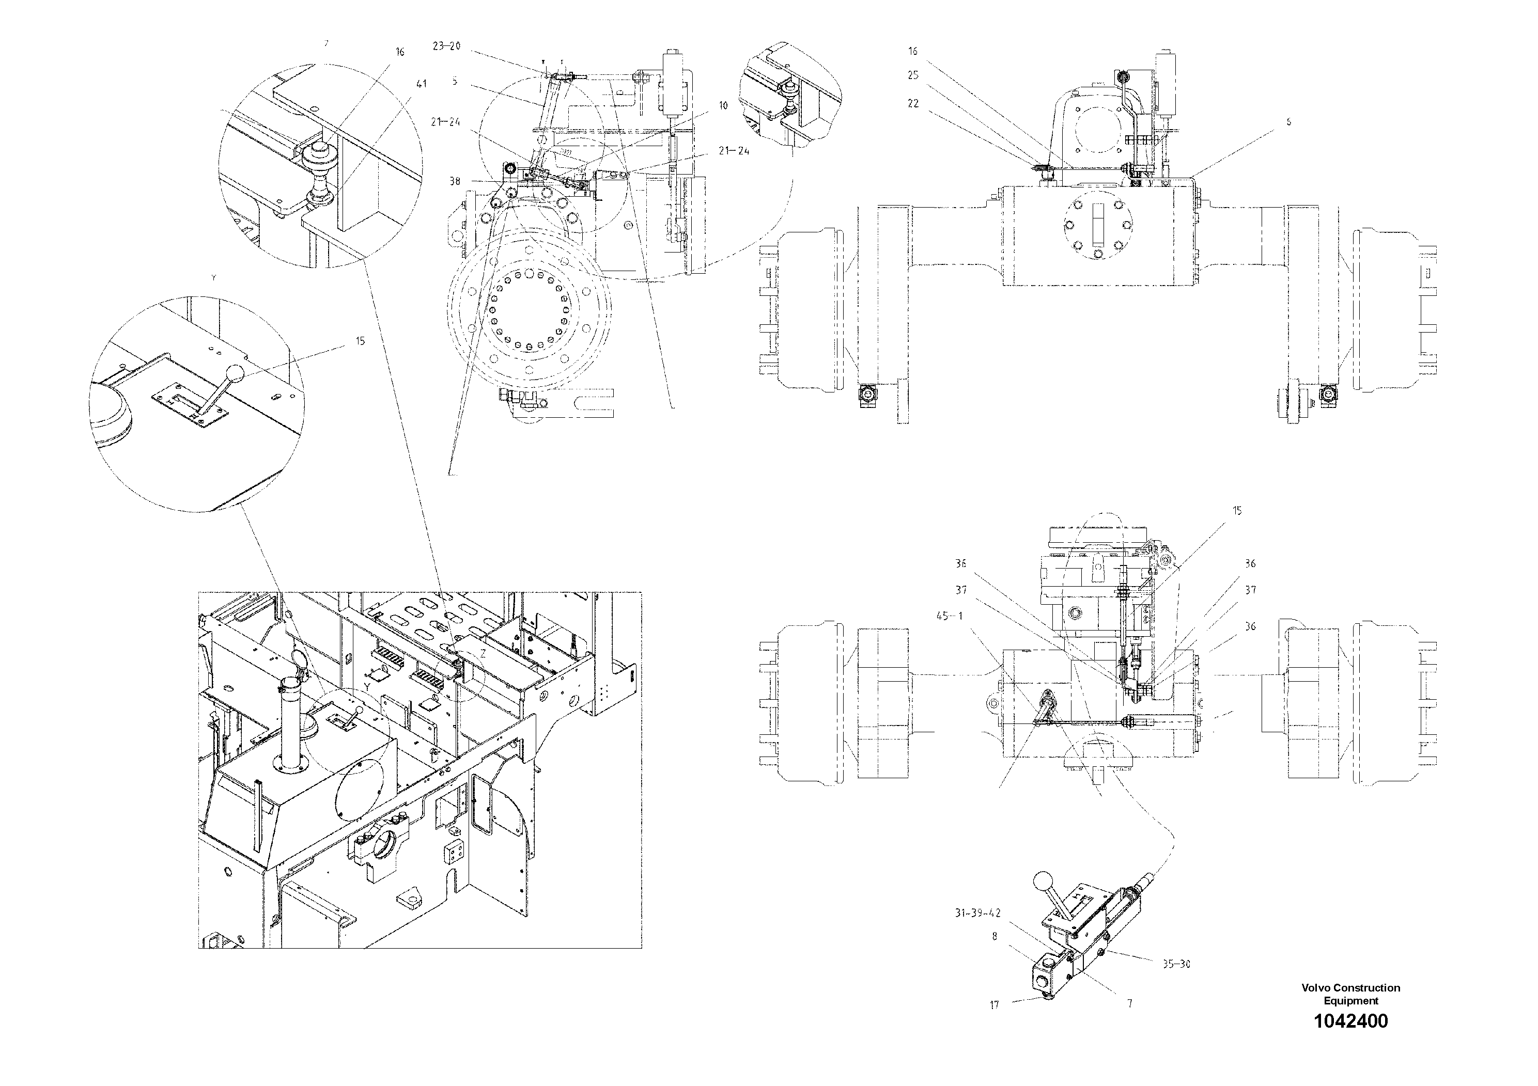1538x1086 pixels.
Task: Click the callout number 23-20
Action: [x=446, y=46]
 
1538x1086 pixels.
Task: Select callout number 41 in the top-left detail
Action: [x=421, y=84]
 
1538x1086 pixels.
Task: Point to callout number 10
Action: [x=723, y=106]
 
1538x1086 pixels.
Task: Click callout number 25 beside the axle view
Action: [x=913, y=76]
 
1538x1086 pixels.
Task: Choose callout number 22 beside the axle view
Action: [x=913, y=104]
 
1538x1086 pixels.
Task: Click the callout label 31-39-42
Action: [x=977, y=913]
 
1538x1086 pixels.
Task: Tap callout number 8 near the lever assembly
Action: [x=995, y=937]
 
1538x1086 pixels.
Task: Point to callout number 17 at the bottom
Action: [x=994, y=1005]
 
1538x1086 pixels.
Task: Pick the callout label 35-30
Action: [x=1176, y=965]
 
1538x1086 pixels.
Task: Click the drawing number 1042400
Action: [x=1350, y=1021]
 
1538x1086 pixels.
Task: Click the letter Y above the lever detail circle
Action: [x=214, y=277]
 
